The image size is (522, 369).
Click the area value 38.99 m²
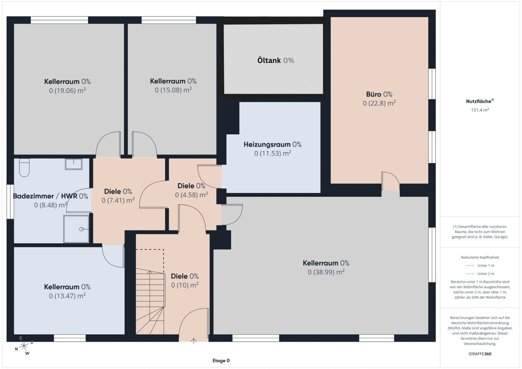click(326, 272)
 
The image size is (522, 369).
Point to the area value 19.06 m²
click(68, 91)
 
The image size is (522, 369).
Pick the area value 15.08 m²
click(173, 90)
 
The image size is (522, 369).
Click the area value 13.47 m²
click(68, 296)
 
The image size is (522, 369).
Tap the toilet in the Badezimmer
click(24, 167)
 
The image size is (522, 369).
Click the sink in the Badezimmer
click(74, 164)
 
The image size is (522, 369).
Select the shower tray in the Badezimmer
click(76, 229)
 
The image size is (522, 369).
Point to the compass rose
click(24, 346)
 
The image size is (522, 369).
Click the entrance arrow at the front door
click(193, 341)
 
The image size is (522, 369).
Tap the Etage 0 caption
click(221, 361)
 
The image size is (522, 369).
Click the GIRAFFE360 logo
click(480, 354)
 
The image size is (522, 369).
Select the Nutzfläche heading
click(478, 101)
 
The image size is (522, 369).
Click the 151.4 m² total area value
click(480, 110)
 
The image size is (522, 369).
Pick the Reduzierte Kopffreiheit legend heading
click(480, 257)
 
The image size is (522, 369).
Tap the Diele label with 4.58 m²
click(191, 186)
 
